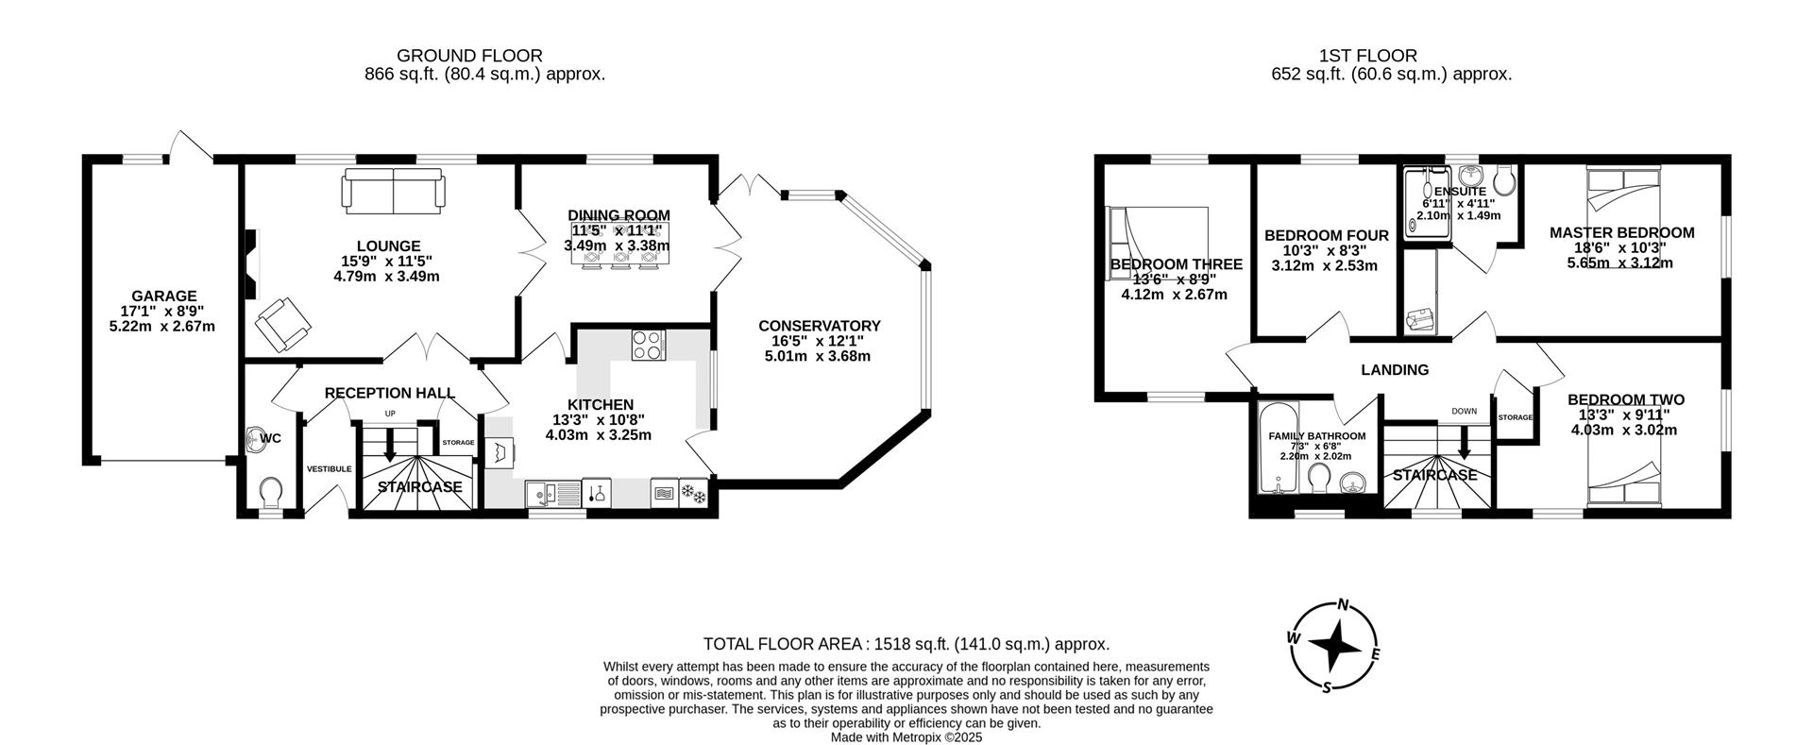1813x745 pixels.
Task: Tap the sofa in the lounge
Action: point(393,190)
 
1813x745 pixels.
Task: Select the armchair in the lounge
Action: point(282,323)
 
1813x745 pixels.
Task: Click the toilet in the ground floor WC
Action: point(271,490)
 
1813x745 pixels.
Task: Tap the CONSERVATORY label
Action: point(819,326)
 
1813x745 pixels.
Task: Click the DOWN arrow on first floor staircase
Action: point(1465,440)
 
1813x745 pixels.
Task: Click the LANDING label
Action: point(1394,370)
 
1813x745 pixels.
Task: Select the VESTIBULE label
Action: point(329,469)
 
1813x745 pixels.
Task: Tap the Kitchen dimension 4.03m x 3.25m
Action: point(599,435)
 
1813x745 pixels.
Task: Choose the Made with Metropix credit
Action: point(906,737)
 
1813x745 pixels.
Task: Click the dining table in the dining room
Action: point(619,244)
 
